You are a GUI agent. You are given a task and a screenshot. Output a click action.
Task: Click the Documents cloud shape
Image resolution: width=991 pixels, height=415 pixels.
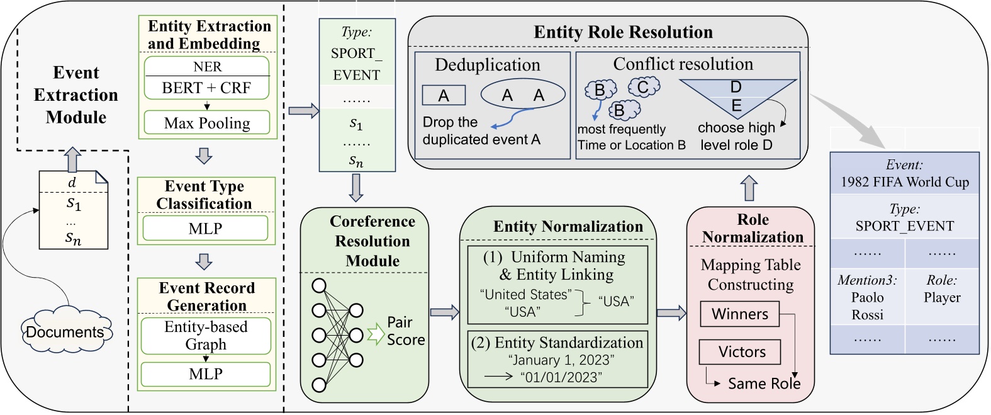[x=65, y=331]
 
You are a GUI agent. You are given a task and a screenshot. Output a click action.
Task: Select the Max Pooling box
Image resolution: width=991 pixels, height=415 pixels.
[x=206, y=123]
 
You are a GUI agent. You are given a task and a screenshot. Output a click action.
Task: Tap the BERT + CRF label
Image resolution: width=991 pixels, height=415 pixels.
[x=206, y=88]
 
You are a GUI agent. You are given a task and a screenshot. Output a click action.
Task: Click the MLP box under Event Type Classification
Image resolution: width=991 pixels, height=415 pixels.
[x=205, y=229]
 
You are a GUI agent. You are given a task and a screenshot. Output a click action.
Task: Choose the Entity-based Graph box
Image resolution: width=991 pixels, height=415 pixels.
[x=206, y=336]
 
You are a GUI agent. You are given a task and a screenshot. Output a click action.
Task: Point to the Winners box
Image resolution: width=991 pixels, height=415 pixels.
[x=739, y=314]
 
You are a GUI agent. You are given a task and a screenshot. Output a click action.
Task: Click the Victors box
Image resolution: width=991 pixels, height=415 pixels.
[x=741, y=352]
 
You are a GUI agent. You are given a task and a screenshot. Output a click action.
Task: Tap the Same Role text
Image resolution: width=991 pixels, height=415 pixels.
[x=764, y=384]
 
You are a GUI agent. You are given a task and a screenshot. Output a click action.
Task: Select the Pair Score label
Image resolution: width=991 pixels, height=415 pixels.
[x=405, y=331]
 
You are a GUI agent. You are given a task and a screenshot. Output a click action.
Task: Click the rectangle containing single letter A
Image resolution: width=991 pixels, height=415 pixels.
[x=444, y=96]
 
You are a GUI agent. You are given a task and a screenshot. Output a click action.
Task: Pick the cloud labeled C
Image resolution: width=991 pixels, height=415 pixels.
[x=642, y=87]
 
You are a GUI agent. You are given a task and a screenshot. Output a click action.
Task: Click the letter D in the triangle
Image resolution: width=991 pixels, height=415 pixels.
[x=736, y=87]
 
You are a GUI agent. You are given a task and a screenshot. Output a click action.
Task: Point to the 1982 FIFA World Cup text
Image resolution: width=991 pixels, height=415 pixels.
[x=904, y=182]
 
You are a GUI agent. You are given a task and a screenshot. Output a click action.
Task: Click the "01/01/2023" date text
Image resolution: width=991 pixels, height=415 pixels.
[x=561, y=377]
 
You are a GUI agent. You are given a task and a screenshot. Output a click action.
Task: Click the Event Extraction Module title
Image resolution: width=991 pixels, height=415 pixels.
[x=76, y=94]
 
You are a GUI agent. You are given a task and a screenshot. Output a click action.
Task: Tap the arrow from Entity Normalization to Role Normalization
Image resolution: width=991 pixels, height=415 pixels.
[x=671, y=312]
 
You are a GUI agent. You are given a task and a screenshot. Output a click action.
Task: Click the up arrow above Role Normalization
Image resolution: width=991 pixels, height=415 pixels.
[x=749, y=188]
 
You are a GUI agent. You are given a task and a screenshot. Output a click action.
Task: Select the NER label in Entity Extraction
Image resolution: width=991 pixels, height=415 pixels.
[x=207, y=67]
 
